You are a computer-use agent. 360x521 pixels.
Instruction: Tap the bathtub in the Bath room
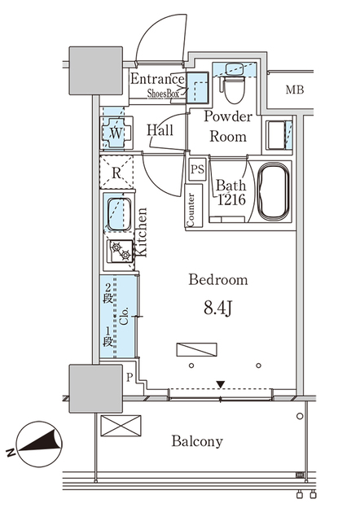[x=273, y=192]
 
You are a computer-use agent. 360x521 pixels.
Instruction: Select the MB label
[x=295, y=90]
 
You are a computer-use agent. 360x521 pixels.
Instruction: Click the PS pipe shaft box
[x=197, y=169]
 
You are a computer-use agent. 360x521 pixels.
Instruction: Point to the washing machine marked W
[x=116, y=133]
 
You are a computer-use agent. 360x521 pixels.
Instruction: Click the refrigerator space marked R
[x=116, y=172]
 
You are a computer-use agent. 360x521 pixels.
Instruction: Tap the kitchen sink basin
[x=119, y=214]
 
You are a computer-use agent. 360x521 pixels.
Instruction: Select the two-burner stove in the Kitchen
[x=120, y=252]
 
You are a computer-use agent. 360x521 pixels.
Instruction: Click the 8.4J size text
[x=217, y=309]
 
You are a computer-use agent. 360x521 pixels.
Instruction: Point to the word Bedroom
[x=218, y=279]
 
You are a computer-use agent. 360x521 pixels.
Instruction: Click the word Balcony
[x=197, y=441]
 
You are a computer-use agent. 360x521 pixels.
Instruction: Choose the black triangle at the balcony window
[x=221, y=384]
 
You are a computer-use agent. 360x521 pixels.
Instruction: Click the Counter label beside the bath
[x=191, y=210]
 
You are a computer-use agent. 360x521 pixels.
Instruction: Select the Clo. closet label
[x=124, y=316]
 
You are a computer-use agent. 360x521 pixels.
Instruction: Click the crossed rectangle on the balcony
[x=121, y=426]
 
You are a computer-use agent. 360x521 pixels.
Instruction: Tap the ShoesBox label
[x=163, y=94]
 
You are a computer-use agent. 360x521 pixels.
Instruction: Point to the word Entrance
[x=157, y=79]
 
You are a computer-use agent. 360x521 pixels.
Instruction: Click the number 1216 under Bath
[x=231, y=199]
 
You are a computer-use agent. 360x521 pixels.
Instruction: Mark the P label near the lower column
[x=130, y=378]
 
